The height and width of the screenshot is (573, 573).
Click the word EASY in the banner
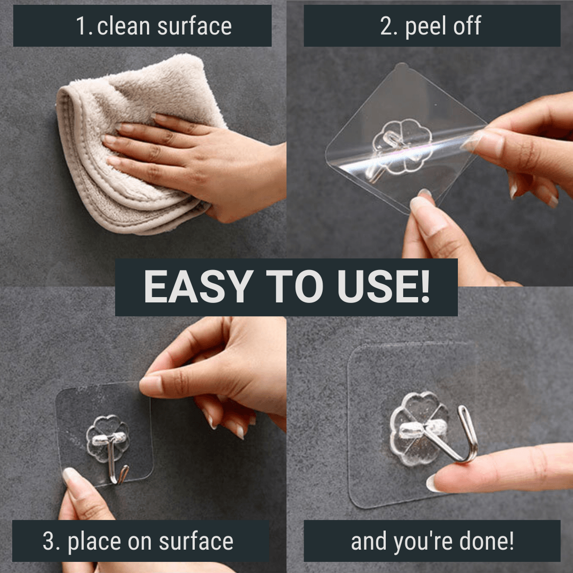pyautogui.click(x=189, y=288)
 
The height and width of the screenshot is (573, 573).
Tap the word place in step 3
pyautogui.click(x=95, y=542)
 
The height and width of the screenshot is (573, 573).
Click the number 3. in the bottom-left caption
pyautogui.click(x=50, y=542)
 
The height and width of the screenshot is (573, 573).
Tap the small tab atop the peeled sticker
pyautogui.click(x=402, y=66)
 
